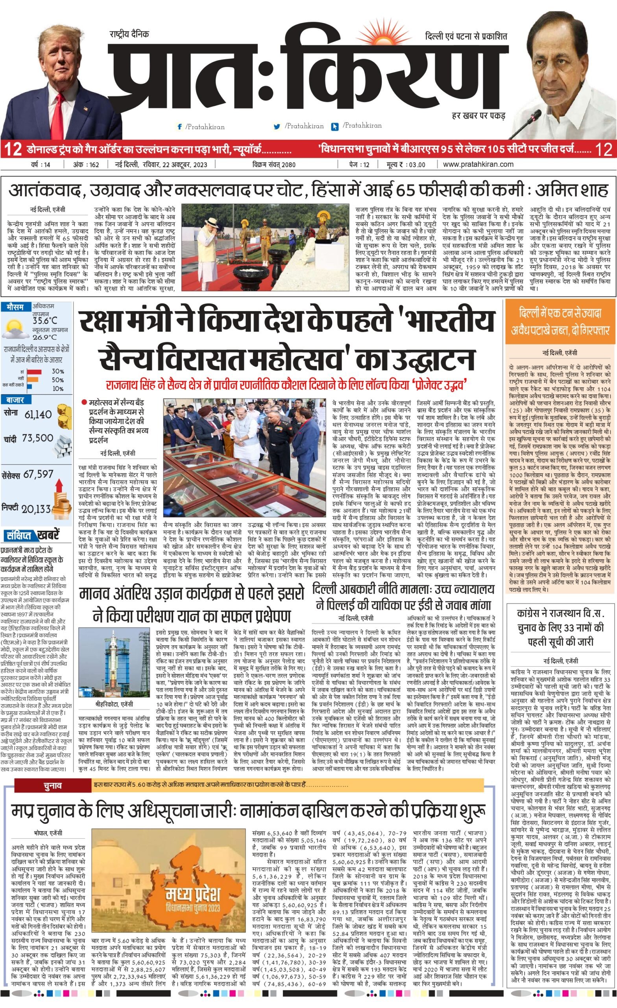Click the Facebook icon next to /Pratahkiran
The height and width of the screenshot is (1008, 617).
(x=179, y=127)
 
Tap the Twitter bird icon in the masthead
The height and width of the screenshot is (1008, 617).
(x=277, y=127)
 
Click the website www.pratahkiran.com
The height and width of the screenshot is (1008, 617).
(x=478, y=165)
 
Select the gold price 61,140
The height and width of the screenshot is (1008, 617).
(x=38, y=414)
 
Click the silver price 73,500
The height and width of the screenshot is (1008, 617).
(x=38, y=438)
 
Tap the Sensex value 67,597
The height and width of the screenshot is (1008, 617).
(x=39, y=474)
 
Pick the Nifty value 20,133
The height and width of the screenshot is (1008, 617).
(x=36, y=508)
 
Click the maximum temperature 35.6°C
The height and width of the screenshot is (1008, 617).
(x=45, y=321)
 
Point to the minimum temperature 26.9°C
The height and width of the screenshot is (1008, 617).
(x=45, y=337)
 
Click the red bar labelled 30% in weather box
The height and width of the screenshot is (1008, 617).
(x=34, y=371)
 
